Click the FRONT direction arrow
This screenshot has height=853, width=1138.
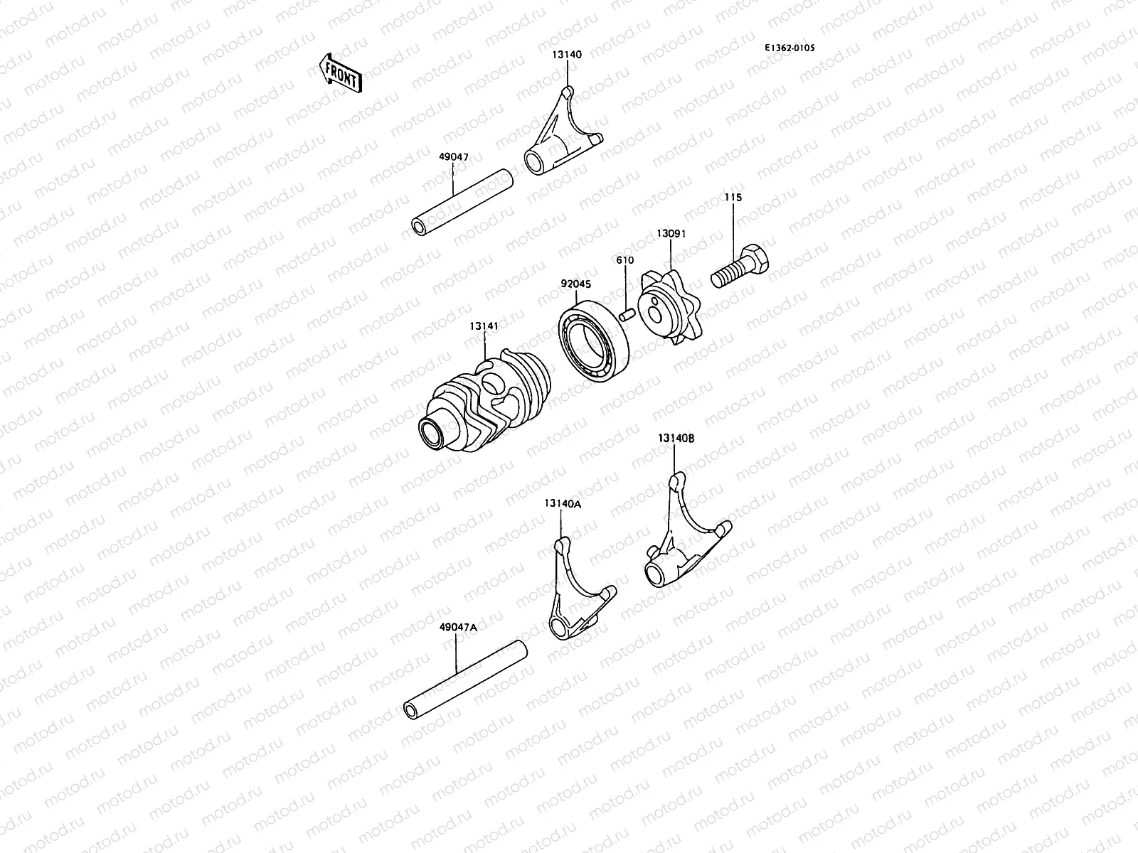[x=341, y=74]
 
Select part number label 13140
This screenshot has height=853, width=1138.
[x=567, y=54]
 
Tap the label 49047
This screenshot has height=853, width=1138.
[x=454, y=156]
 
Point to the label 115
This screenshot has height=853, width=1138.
[x=733, y=198]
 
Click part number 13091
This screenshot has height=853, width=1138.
[x=671, y=233]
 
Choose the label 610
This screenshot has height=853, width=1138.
[x=624, y=261]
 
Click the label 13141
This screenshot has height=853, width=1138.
[x=484, y=326]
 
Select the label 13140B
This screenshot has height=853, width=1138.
[x=676, y=439]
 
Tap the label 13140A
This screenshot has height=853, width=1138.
[x=563, y=503]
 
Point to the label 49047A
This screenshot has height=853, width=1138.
[x=458, y=627]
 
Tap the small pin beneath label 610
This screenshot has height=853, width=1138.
[x=626, y=313]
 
